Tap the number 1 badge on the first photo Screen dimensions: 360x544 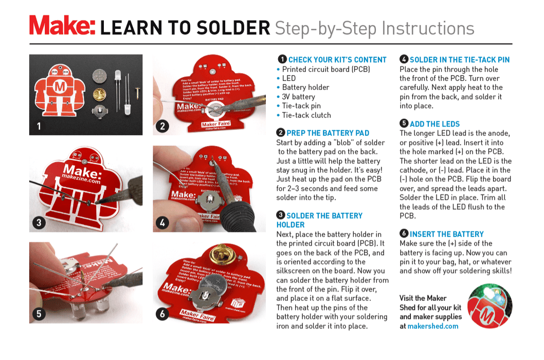pos(39,125)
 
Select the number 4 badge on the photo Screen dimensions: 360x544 pos(163,223)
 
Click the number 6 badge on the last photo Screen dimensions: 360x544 pos(163,314)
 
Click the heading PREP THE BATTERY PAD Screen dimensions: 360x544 pos(328,133)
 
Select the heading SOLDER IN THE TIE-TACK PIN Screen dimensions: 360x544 pos(459,60)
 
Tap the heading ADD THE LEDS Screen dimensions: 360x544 pos(434,124)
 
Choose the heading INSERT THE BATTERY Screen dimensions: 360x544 pos(446,234)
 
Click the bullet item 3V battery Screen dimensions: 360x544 pos(298,97)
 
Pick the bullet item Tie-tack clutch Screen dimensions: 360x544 pos(306,115)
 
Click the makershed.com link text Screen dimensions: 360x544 pos(432,326)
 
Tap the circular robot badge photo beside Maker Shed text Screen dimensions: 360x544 pos(490,306)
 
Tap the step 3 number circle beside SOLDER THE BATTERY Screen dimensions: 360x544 pos(281,215)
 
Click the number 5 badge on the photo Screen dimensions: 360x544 pos(39,314)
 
